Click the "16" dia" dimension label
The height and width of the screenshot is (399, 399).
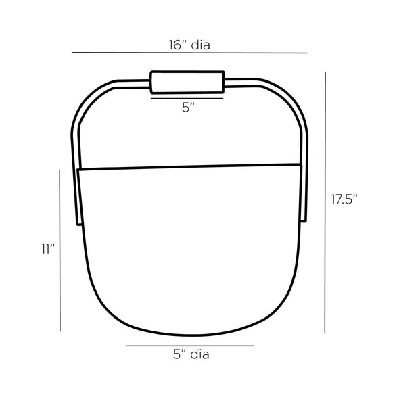[189, 45]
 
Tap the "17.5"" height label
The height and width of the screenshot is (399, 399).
[344, 199]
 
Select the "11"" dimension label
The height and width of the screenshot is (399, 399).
[48, 249]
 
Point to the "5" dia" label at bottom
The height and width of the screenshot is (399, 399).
[191, 354]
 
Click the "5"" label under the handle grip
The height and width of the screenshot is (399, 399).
[188, 108]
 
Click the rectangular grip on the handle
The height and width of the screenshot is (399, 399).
[187, 83]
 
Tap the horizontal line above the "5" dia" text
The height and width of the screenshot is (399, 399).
[189, 346]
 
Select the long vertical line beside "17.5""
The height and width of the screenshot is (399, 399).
[325, 202]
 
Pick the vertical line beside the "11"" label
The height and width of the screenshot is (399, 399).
[60, 250]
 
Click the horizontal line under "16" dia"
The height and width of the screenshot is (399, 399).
[189, 53]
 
